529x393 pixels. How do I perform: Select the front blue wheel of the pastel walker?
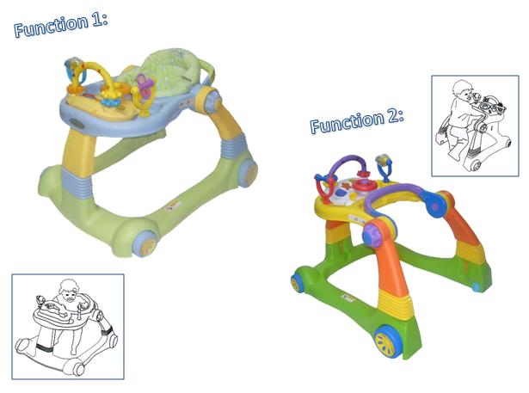point(146,243)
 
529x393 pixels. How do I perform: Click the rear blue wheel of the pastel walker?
point(249,173)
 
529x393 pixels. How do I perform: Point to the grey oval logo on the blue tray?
point(77,123)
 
